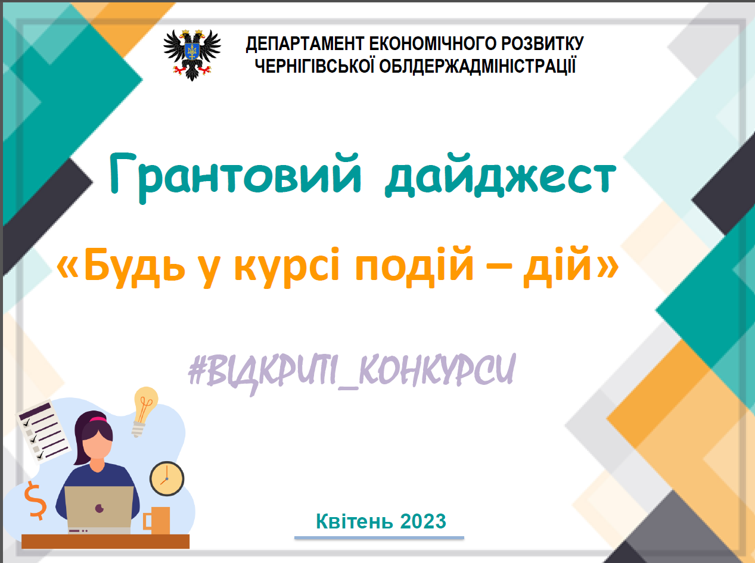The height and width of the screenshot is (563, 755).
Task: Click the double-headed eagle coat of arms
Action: click(x=192, y=55)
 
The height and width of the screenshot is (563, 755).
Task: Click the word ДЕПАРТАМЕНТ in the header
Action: click(x=305, y=44)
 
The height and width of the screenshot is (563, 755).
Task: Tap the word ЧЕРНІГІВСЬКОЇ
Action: click(x=315, y=66)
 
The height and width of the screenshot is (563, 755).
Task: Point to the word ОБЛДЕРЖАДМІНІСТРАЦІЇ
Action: click(x=477, y=66)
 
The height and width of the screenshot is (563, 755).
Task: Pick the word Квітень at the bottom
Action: click(x=355, y=521)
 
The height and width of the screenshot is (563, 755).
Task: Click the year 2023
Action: click(x=423, y=521)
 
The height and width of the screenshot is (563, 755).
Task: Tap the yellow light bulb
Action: click(x=145, y=411)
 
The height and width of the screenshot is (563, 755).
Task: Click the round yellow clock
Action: click(x=167, y=479)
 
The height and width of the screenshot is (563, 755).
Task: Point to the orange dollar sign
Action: click(x=35, y=500)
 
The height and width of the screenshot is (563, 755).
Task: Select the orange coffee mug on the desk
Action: click(x=157, y=520)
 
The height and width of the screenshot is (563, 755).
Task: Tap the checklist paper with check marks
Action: click(x=44, y=431)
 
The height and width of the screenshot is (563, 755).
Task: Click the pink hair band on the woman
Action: click(x=98, y=419)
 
